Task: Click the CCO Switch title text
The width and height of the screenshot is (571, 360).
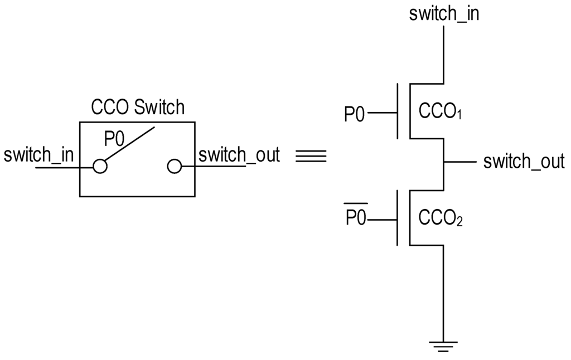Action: click(137, 106)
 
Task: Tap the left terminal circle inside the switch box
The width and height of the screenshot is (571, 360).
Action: click(100, 166)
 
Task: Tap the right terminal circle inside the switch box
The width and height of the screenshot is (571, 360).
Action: click(174, 166)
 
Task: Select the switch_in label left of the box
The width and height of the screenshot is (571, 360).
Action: click(38, 155)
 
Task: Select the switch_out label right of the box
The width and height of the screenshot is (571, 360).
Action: click(239, 155)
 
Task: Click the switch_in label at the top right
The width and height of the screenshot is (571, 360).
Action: click(444, 13)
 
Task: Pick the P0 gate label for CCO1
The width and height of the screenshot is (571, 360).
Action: click(355, 114)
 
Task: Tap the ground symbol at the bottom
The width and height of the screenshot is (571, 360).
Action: click(443, 346)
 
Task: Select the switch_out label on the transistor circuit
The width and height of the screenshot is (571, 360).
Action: click(524, 162)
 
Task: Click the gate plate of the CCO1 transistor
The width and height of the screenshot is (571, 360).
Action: click(398, 111)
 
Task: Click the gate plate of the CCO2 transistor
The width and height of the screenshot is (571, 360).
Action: click(398, 218)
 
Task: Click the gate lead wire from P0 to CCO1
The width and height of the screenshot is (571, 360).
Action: click(382, 113)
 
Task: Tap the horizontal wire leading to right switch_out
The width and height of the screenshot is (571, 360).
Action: click(459, 162)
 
